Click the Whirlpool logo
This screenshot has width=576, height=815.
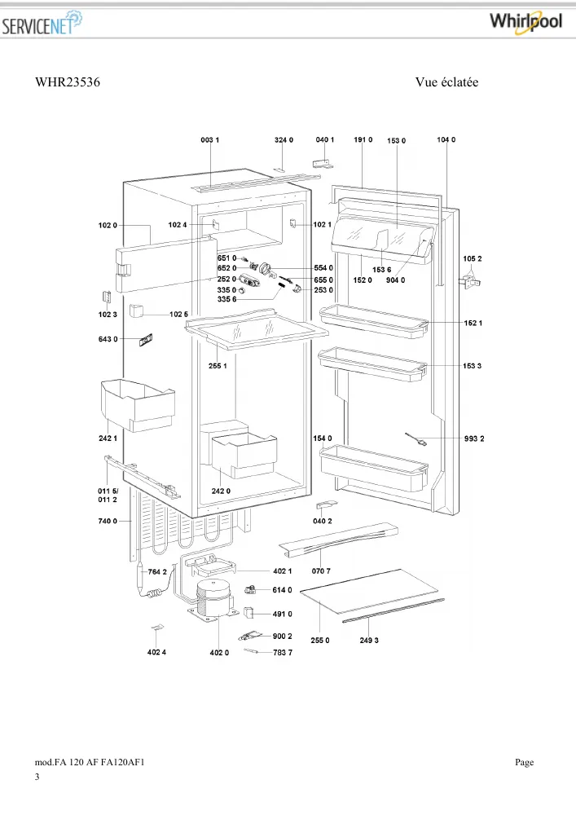(x=525, y=22)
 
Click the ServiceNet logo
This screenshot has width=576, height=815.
(x=42, y=24)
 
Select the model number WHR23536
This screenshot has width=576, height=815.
(x=68, y=82)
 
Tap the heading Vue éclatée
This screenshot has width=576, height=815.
(x=446, y=82)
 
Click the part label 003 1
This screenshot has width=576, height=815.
(x=210, y=140)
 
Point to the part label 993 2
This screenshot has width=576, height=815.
(x=474, y=438)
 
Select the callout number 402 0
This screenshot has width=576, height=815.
(x=219, y=652)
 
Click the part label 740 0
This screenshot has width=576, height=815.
(x=108, y=521)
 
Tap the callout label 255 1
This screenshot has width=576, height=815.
(x=218, y=366)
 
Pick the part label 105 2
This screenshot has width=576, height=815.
(x=473, y=259)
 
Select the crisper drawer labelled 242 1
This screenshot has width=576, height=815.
(x=138, y=405)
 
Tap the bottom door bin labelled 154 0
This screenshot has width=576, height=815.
(x=375, y=467)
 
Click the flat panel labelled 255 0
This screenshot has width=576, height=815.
(x=369, y=592)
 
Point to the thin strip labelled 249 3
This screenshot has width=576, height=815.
(x=394, y=610)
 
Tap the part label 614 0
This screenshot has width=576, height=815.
(x=282, y=590)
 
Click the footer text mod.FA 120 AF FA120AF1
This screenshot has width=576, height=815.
(x=90, y=763)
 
